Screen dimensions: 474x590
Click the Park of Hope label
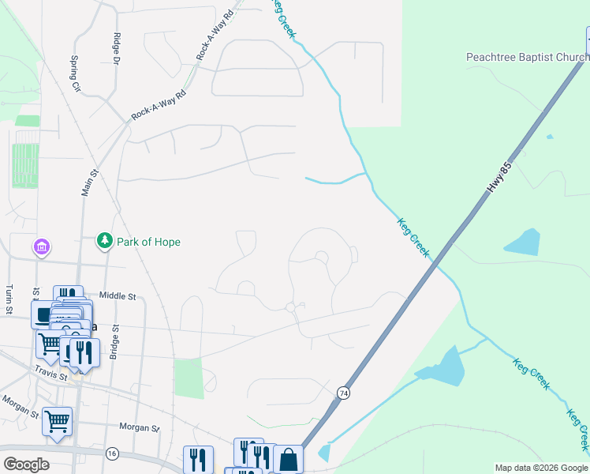tap(148, 242)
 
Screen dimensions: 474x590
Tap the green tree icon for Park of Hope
tap(104, 240)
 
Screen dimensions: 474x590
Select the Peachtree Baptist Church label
tap(527, 57)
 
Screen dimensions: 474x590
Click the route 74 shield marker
tap(343, 393)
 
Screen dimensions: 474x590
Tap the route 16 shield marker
tap(112, 453)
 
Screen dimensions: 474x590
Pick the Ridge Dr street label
tap(116, 49)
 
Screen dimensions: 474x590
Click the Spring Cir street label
tap(76, 73)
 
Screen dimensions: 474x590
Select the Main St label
tap(89, 182)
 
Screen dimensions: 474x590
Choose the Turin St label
tap(9, 299)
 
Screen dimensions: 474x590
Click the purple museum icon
tap(42, 247)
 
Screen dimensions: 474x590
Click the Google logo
tap(25, 465)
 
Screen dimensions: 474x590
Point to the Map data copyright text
tap(540, 468)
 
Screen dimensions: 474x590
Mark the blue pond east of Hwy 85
tap(523, 243)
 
